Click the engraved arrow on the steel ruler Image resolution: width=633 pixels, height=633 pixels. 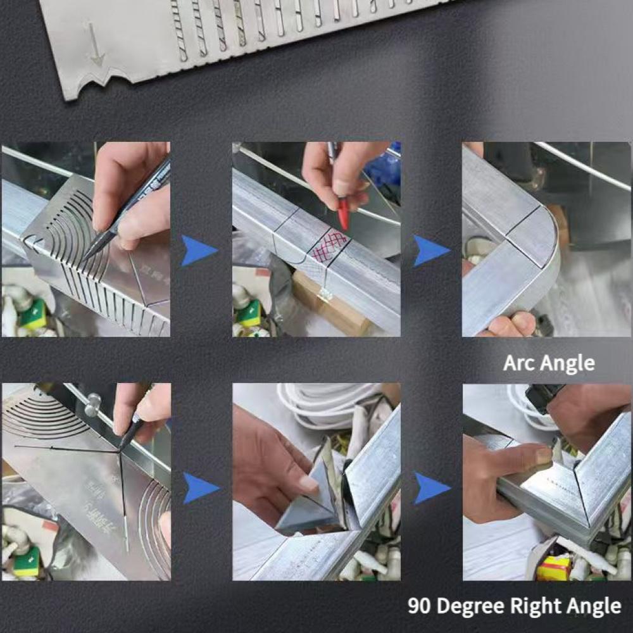coord(95,44)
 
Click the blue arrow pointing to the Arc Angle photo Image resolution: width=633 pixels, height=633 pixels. coord(431,251)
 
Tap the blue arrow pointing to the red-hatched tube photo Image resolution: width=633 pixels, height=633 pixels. coord(199,251)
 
